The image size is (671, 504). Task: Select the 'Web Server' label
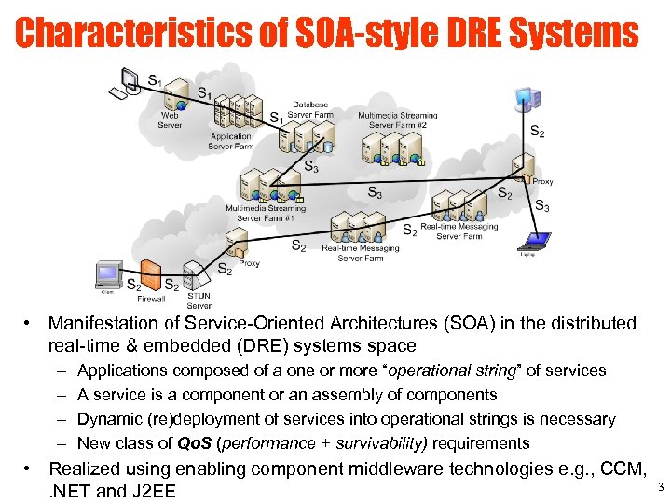tap(170, 120)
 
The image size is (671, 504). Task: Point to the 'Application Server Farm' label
tap(230, 141)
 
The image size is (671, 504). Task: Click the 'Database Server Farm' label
tap(309, 109)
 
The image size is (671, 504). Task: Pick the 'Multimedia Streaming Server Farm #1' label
tap(265, 214)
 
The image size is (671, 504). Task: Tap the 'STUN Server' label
tap(199, 301)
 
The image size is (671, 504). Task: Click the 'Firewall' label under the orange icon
tap(150, 300)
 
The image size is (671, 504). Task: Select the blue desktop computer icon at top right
tap(528, 97)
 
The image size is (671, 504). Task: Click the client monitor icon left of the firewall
tap(109, 273)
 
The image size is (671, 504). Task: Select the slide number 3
tap(660, 487)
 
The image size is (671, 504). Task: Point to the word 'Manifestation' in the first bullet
tap(103, 324)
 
